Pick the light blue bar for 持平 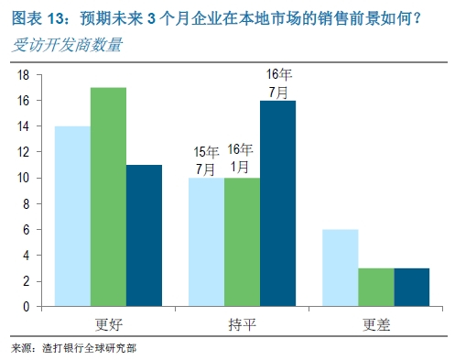point(206,242)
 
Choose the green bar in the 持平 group point(241,242)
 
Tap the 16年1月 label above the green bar point(241,158)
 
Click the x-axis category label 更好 point(107,322)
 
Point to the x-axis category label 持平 point(241,322)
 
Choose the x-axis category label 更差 point(374,322)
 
